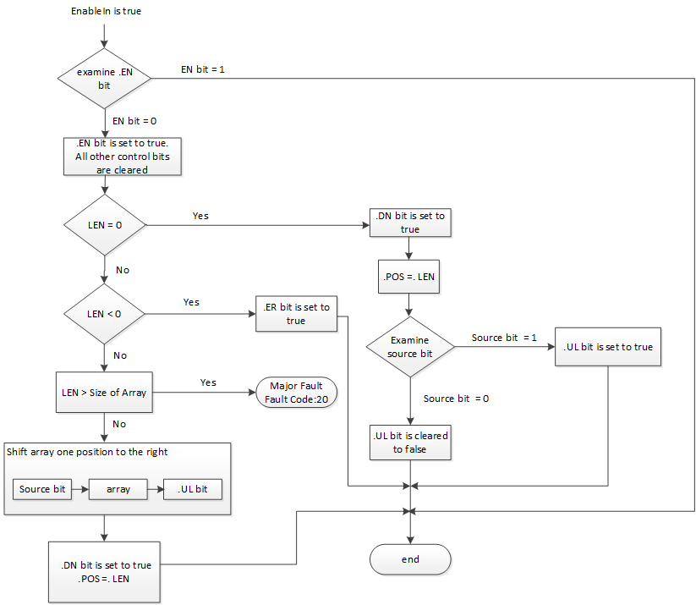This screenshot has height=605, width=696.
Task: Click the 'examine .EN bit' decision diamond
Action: [x=104, y=79]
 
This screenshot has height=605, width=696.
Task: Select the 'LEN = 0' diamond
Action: [x=104, y=225]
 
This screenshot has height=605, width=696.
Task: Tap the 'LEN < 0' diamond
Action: [x=104, y=314]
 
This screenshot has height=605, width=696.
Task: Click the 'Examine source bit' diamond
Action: [x=409, y=347]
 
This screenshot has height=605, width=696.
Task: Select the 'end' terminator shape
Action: [x=410, y=559]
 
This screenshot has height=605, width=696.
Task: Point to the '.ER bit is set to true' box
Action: [x=296, y=314]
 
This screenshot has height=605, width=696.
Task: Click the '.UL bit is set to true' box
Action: [x=608, y=347]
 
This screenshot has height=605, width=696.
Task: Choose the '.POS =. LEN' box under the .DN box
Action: [x=410, y=276]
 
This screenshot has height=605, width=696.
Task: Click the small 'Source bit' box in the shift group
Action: [x=42, y=489]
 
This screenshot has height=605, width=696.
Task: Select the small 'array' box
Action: [x=118, y=489]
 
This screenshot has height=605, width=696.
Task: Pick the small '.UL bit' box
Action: [x=193, y=489]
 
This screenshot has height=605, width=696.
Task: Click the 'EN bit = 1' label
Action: [x=203, y=69]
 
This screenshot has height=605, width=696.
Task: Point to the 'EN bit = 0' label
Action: [x=134, y=121]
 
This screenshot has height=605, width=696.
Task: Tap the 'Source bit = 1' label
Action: [x=505, y=338]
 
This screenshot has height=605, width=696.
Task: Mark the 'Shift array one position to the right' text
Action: [x=87, y=452]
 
